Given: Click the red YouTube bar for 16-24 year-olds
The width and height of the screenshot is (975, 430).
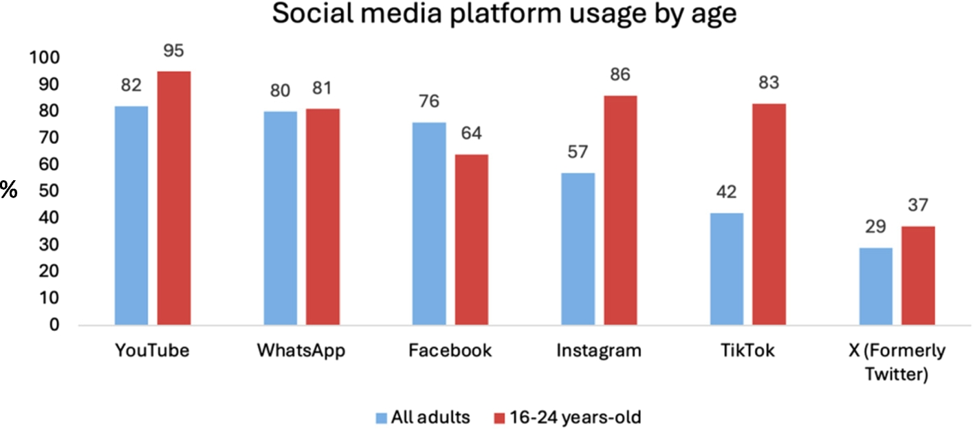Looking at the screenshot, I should [174, 197].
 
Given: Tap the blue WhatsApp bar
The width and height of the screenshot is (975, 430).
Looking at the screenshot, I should [281, 217].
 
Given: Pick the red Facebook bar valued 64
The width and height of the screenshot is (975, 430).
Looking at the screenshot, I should [472, 239].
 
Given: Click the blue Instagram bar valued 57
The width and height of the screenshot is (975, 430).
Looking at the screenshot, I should [578, 248].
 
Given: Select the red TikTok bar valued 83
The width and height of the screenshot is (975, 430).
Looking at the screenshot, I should [769, 213].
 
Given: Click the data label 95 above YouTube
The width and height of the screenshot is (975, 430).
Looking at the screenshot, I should [174, 52].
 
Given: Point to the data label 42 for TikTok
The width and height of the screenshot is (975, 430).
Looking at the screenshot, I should [727, 193].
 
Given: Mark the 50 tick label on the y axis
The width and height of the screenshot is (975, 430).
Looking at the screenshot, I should [50, 191].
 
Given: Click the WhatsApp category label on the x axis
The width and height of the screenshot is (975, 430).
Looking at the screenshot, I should [301, 351].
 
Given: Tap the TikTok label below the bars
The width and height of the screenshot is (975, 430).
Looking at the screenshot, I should [748, 351].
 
